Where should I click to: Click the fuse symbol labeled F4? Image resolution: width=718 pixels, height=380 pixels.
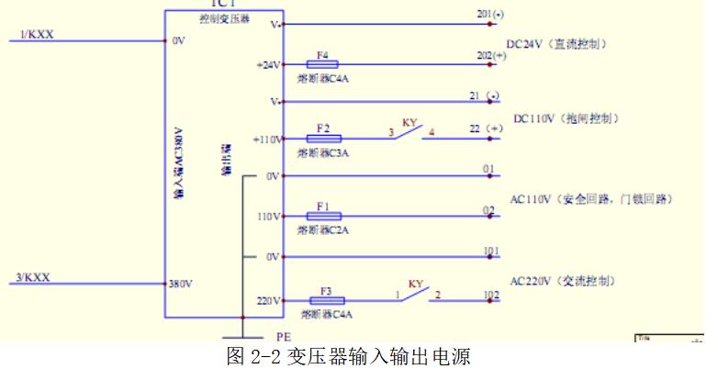click(x=322, y=64)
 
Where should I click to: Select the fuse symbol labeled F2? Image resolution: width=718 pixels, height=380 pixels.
click(x=322, y=139)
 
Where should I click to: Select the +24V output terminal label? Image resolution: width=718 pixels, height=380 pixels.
click(x=267, y=65)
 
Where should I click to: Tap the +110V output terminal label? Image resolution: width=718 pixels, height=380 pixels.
click(x=265, y=140)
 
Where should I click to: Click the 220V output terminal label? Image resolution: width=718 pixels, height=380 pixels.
click(x=268, y=300)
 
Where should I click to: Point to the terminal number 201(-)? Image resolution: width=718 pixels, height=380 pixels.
click(x=491, y=16)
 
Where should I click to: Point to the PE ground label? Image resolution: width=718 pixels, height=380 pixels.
click(x=283, y=338)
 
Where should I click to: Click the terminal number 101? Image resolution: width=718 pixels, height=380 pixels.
click(x=491, y=250)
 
